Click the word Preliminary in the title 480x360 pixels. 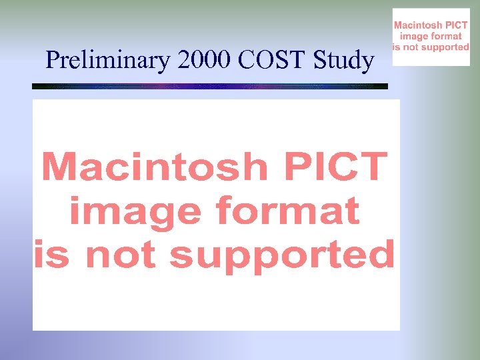click(x=109, y=61)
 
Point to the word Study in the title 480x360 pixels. click(x=343, y=61)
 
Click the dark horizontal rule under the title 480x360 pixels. click(x=210, y=86)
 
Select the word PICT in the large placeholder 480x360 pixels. click(x=337, y=167)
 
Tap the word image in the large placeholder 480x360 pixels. click(x=134, y=212)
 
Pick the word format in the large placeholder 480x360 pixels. click(x=287, y=212)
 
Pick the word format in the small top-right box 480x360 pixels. click(x=447, y=37)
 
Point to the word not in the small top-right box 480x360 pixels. click(x=412, y=47)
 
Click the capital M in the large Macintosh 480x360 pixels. click(x=61, y=167)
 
